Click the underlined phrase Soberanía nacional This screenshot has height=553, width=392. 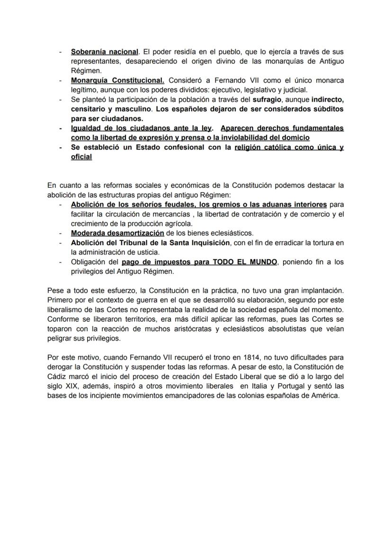tap(105, 52)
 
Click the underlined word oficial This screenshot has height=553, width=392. tap(81, 157)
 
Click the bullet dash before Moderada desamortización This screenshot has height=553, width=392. tap(60, 233)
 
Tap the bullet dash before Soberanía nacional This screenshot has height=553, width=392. tap(60, 52)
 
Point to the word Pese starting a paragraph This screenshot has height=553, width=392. tap(55, 290)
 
